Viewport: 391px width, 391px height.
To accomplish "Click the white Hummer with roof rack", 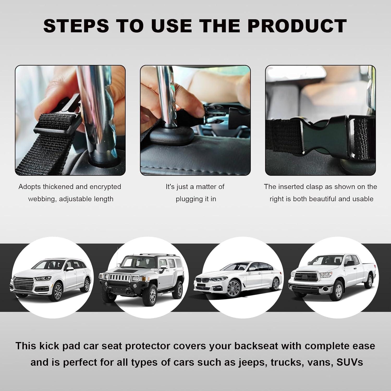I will [141, 276].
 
